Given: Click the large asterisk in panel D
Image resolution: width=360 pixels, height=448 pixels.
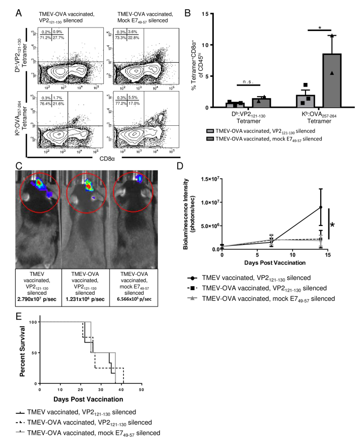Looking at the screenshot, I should click(347, 225).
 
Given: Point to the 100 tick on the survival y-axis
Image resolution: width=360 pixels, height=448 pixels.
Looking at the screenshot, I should click(34, 322).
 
